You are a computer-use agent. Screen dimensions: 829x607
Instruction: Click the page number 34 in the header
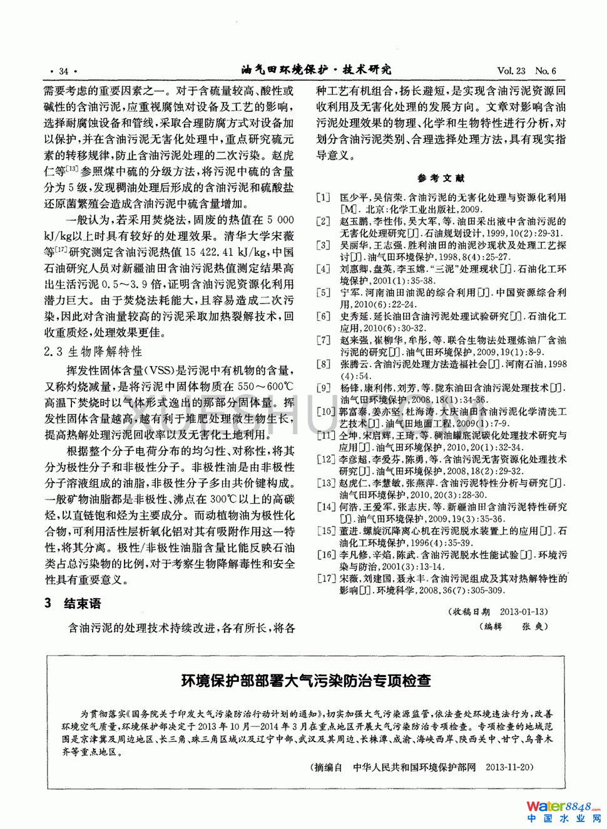click(x=63, y=71)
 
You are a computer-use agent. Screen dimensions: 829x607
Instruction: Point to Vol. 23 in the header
click(x=511, y=71)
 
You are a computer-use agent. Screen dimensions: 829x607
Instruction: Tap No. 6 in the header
click(x=546, y=71)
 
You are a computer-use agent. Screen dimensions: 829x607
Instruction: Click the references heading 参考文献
click(x=441, y=178)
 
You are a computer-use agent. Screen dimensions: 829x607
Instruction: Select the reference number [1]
click(x=323, y=198)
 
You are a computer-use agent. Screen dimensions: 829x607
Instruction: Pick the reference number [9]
click(x=323, y=388)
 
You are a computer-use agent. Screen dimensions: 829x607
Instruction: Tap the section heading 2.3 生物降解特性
click(x=93, y=352)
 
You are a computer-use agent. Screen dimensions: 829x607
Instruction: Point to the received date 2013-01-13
click(x=523, y=611)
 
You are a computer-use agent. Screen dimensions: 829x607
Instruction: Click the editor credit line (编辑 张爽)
click(x=514, y=626)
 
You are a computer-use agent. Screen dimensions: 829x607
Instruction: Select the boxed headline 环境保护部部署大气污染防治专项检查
click(x=305, y=681)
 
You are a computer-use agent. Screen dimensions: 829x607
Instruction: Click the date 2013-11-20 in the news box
click(x=509, y=767)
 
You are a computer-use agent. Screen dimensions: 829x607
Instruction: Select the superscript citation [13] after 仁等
click(x=71, y=169)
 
